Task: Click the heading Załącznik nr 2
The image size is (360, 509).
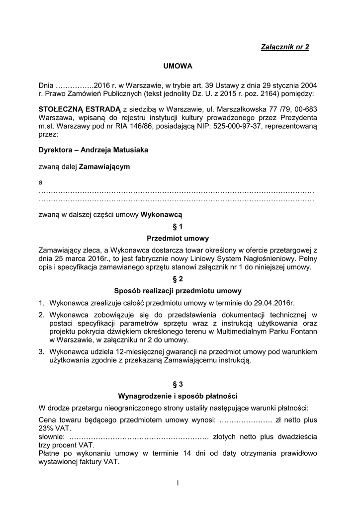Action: (285, 47)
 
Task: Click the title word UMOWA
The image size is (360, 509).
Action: (178, 66)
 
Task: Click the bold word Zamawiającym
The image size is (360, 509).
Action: (104, 167)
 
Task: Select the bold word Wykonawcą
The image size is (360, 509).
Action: (162, 215)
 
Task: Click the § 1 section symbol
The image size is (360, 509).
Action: (178, 226)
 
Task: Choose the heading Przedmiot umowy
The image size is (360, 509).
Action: (178, 239)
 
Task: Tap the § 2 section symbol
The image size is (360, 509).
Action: (178, 279)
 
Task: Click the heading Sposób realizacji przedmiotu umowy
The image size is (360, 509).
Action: (178, 291)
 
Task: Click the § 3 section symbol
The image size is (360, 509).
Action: (178, 384)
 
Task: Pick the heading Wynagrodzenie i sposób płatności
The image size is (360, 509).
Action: (178, 396)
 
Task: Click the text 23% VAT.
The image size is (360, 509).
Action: (55, 428)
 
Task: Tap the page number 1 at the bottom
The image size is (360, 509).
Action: (178, 482)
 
